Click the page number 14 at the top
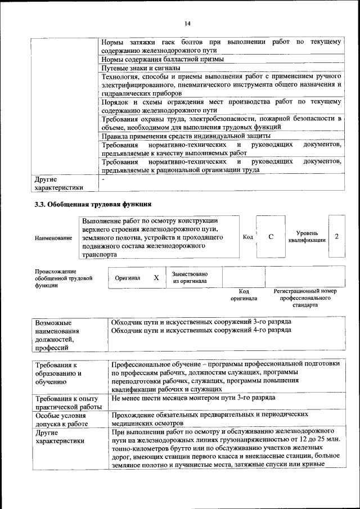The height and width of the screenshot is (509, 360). [x=187, y=23]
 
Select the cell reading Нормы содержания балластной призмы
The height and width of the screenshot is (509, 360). [x=163, y=59]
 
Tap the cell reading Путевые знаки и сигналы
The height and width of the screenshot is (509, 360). [x=142, y=68]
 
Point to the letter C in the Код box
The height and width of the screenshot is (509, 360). [x=271, y=237]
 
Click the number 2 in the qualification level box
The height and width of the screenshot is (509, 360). [x=336, y=236]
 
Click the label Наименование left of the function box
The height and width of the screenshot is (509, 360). [x=53, y=238]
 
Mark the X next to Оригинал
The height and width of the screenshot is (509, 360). [x=156, y=277]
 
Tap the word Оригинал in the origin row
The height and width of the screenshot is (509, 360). [x=127, y=277]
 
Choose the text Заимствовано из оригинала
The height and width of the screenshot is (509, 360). [x=190, y=277]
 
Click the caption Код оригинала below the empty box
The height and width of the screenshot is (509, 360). [x=244, y=295]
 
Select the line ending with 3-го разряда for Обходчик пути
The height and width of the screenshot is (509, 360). [x=201, y=321]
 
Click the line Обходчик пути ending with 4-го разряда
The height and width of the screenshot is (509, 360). [x=201, y=330]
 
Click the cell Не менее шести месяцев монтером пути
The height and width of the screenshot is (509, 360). [x=193, y=398]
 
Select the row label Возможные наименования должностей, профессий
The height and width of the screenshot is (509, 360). [x=57, y=336]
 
